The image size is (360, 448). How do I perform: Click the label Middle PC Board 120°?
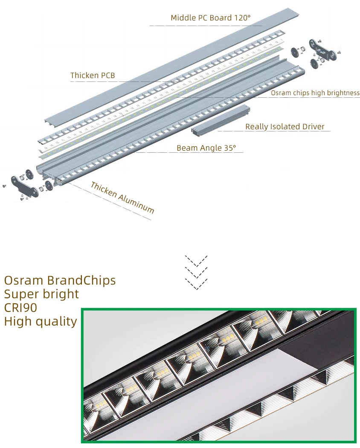(211, 18)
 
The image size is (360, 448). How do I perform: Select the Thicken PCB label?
(93, 76)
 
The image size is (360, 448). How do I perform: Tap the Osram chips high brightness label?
(315, 93)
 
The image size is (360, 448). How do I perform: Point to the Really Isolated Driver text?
(285, 127)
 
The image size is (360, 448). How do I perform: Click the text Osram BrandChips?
(60, 280)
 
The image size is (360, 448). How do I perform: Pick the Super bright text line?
(41, 294)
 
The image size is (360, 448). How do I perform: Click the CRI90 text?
(20, 308)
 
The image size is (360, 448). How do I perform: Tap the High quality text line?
(41, 321)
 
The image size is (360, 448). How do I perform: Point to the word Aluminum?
(136, 203)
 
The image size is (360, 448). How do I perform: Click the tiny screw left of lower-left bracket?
(4, 186)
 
